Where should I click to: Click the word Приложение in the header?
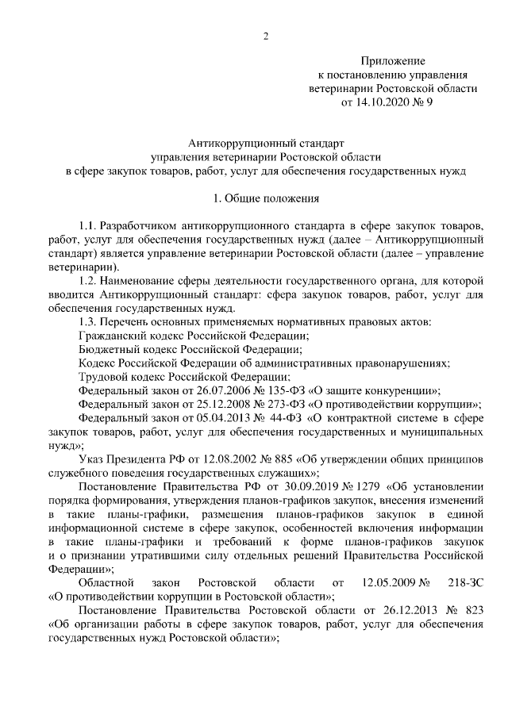pos(393,61)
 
